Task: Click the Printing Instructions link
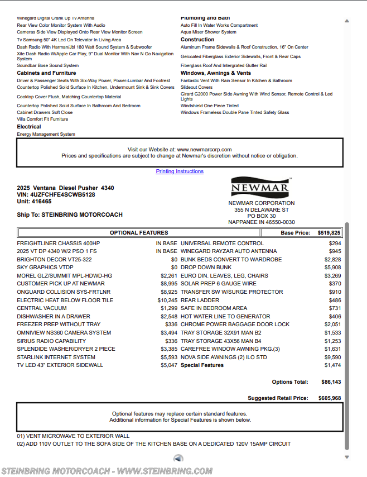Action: [180, 171]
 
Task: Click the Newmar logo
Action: [260, 187]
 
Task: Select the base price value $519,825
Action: [329, 233]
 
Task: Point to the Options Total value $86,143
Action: [331, 382]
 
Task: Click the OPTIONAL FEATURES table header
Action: [138, 233]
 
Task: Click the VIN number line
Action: [56, 195]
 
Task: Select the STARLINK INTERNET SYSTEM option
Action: [56, 357]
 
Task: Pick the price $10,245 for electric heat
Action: [168, 300]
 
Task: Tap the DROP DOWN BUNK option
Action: [206, 268]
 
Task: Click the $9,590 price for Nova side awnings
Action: [332, 357]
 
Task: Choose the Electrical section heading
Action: [29, 127]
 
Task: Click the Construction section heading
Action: [197, 40]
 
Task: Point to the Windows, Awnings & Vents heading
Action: [216, 73]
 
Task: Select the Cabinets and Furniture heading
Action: [46, 73]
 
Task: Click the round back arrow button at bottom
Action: [178, 459]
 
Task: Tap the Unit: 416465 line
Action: [34, 202]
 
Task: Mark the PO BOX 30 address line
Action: [261, 216]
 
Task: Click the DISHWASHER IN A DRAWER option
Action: [53, 317]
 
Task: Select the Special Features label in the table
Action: [202, 365]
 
